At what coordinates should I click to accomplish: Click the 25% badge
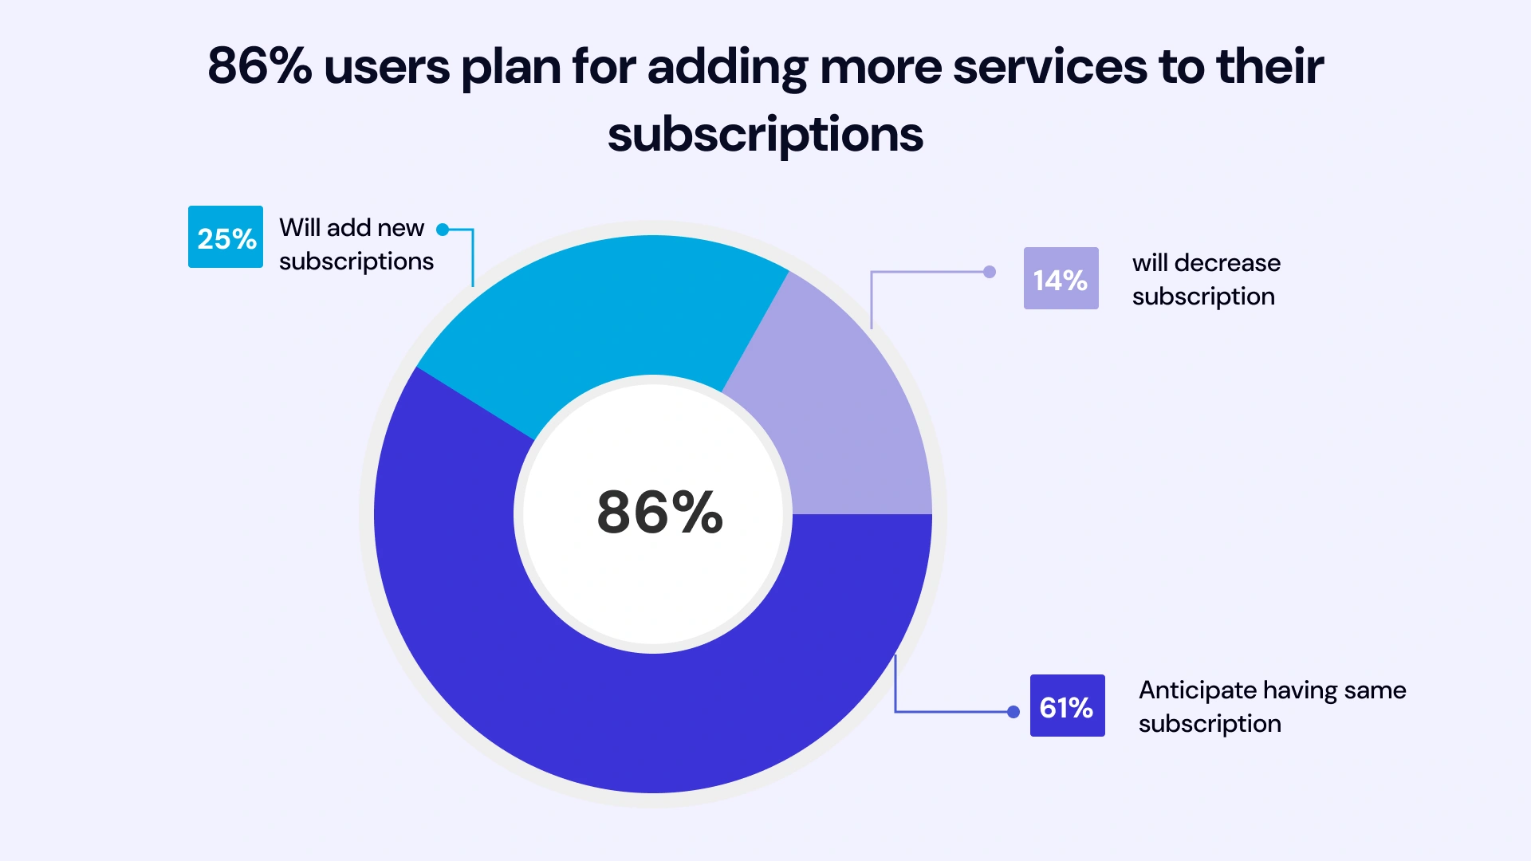226,238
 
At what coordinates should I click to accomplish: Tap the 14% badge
1061,278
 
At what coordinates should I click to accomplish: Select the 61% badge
1067,706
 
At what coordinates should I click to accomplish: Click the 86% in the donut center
659,512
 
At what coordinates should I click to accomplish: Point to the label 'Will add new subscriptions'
356,244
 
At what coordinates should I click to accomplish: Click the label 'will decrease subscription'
1206,279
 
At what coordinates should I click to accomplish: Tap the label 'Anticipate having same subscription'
1272,706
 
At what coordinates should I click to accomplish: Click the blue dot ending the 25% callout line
443,230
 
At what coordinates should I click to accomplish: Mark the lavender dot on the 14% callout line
990,272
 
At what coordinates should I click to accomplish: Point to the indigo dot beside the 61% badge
1013,712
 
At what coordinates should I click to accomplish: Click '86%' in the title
259,65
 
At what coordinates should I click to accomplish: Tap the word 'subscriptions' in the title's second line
765,134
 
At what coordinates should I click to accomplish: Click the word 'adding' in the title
727,67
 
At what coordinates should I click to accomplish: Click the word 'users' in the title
387,67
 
